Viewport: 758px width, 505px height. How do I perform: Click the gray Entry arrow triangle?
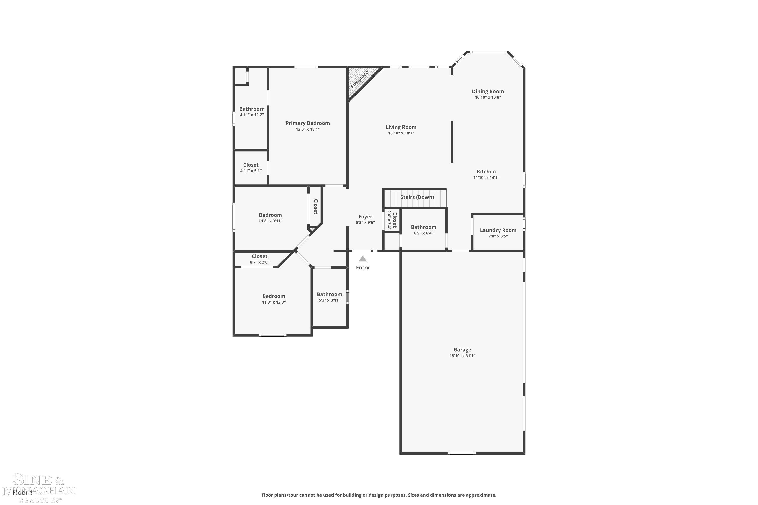(x=363, y=259)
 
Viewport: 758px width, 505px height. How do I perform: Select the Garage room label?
(x=462, y=350)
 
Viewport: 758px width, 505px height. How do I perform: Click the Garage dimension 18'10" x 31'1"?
(x=462, y=356)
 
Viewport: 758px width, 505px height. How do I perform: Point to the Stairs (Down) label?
(x=417, y=197)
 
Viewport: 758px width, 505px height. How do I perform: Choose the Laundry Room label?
(x=498, y=230)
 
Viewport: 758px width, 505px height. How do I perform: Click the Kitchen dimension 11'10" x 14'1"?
(x=486, y=178)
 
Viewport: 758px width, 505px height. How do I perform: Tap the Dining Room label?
(x=488, y=91)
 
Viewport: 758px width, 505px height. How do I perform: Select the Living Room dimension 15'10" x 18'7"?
(x=401, y=133)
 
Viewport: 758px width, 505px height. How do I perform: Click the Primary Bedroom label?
(x=307, y=123)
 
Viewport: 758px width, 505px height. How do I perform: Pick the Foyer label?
(x=365, y=217)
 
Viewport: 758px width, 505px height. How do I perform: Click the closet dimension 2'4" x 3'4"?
(x=389, y=220)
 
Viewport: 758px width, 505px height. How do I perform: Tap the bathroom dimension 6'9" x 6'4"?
(x=423, y=233)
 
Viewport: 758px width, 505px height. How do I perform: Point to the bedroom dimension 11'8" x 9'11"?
(x=270, y=221)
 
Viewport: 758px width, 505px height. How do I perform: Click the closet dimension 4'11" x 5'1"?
(x=251, y=171)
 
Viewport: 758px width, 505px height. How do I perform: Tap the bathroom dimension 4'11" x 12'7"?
(x=252, y=115)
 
